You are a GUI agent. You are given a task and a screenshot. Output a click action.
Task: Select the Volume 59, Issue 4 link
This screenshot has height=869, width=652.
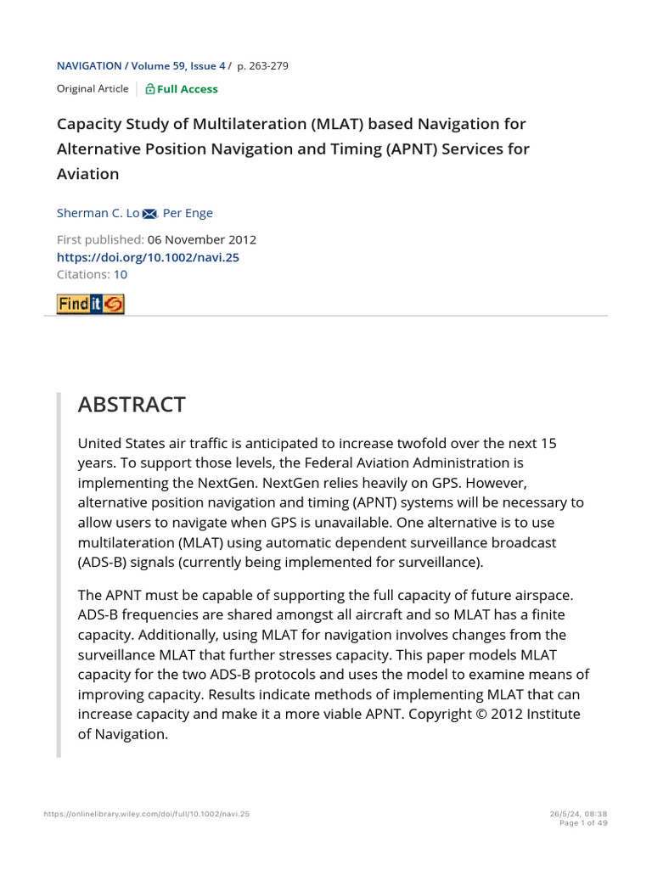pyautogui.click(x=180, y=65)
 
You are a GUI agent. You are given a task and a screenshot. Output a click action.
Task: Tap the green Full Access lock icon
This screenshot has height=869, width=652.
pyautogui.click(x=150, y=89)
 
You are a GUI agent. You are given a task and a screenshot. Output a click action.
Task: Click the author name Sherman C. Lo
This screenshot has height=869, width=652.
pyautogui.click(x=98, y=213)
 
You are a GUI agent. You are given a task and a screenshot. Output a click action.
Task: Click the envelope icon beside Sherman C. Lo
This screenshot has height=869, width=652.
pyautogui.click(x=150, y=214)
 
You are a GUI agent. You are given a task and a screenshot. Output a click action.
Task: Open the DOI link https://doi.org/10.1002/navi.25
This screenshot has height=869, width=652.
pyautogui.click(x=148, y=257)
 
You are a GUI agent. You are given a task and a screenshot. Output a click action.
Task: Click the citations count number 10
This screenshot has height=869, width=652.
pyautogui.click(x=121, y=274)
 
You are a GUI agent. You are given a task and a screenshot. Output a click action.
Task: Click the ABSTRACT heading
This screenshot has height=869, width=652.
pyautogui.click(x=131, y=405)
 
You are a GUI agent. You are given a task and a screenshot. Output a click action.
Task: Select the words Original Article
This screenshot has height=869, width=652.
pyautogui.click(x=93, y=89)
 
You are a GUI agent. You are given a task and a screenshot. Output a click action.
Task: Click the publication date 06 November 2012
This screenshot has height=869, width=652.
pyautogui.click(x=202, y=240)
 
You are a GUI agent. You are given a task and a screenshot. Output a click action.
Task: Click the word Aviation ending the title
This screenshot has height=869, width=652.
pyautogui.click(x=88, y=174)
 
